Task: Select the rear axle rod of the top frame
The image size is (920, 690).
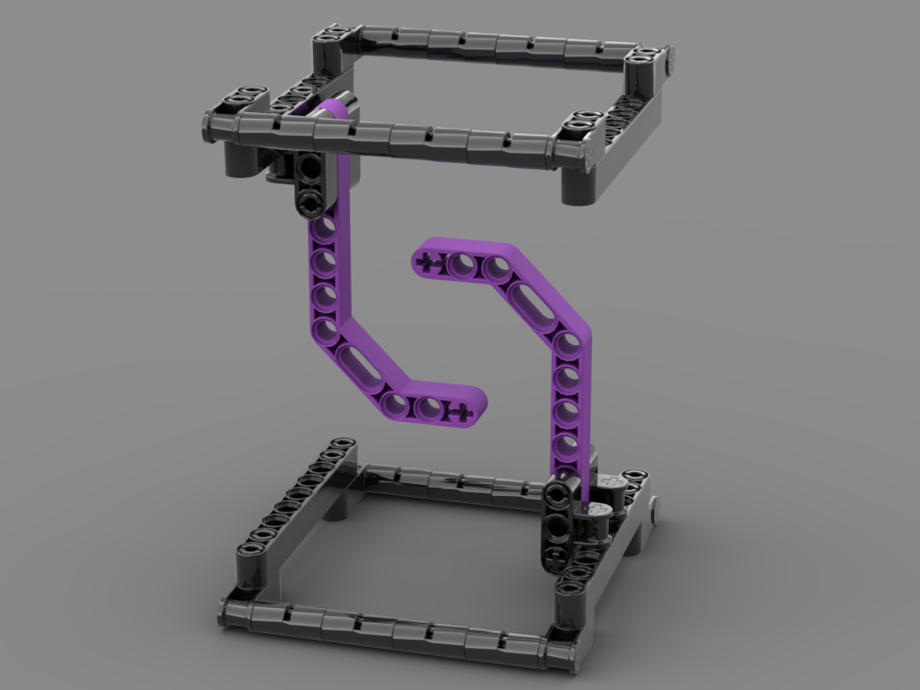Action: [x=488, y=42]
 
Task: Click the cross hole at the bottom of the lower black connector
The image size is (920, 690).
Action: [x=557, y=556]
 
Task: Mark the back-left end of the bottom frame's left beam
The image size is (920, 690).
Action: [x=342, y=446]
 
